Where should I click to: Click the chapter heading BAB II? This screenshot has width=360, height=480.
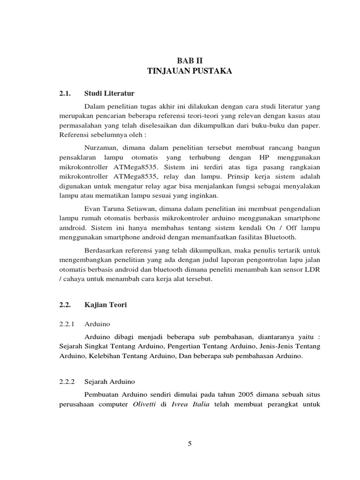point(190,61)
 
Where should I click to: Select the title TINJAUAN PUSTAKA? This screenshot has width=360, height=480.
point(189,71)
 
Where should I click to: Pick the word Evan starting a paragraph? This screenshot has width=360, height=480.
point(92,208)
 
